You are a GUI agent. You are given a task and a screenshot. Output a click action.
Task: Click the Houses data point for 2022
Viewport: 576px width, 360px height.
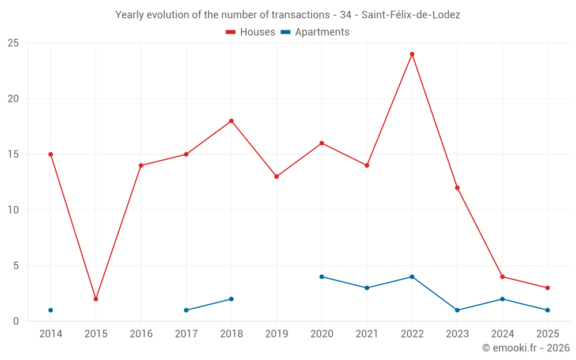click(412, 54)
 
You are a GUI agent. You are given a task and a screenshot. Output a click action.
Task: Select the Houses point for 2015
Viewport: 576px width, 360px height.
click(96, 299)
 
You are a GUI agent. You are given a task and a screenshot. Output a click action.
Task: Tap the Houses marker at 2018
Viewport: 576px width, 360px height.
click(231, 121)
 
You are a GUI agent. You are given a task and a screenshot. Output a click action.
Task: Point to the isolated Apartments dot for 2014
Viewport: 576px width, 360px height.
click(51, 310)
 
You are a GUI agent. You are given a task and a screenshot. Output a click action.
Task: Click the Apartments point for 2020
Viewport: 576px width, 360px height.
click(321, 276)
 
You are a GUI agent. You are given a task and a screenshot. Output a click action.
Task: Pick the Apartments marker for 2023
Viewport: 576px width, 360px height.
click(457, 310)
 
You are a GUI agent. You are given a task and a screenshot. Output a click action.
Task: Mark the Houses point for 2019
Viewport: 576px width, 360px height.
click(276, 176)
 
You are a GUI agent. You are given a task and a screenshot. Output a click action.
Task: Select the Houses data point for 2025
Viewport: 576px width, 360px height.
click(547, 288)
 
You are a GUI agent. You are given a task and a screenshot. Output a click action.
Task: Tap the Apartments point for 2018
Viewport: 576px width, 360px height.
click(231, 299)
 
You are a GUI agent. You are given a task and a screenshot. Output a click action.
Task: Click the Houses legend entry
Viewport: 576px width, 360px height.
click(251, 32)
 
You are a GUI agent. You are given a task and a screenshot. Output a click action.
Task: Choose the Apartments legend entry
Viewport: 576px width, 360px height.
click(315, 32)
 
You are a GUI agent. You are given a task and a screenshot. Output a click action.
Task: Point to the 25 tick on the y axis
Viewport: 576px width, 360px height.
click(13, 43)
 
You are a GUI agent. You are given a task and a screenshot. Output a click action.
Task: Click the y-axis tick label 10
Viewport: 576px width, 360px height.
click(13, 210)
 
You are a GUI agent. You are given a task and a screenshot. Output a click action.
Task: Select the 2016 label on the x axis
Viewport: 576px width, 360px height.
click(141, 334)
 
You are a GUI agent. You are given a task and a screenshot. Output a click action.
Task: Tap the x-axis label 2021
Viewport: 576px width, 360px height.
click(367, 334)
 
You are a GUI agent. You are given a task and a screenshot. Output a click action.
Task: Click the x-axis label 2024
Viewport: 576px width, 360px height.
click(502, 334)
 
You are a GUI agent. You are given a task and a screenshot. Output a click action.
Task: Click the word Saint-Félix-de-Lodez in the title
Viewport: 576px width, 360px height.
click(411, 15)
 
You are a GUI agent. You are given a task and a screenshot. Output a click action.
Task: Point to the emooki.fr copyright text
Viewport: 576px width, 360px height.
click(525, 348)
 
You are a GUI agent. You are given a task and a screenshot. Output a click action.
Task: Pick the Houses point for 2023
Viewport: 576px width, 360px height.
click(457, 188)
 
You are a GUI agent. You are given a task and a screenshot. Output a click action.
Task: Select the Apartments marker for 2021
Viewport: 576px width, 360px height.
click(367, 288)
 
